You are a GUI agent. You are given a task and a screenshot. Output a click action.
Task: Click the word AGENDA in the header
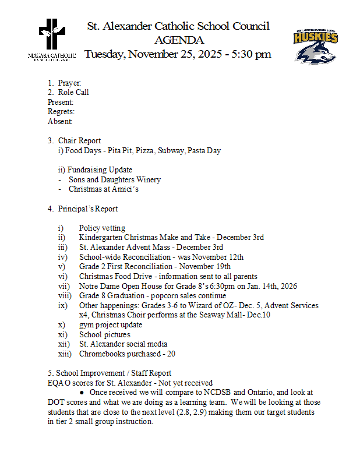[179, 40]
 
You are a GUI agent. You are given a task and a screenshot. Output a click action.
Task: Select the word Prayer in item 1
[69, 83]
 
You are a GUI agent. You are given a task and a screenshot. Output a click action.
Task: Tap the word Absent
[60, 122]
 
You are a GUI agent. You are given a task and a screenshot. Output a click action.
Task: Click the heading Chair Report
[79, 140]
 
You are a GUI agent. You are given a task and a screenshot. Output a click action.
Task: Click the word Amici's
[125, 189]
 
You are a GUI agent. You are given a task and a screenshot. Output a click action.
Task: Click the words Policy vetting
[102, 228]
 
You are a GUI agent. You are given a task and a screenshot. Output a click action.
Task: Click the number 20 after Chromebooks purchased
[171, 354]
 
